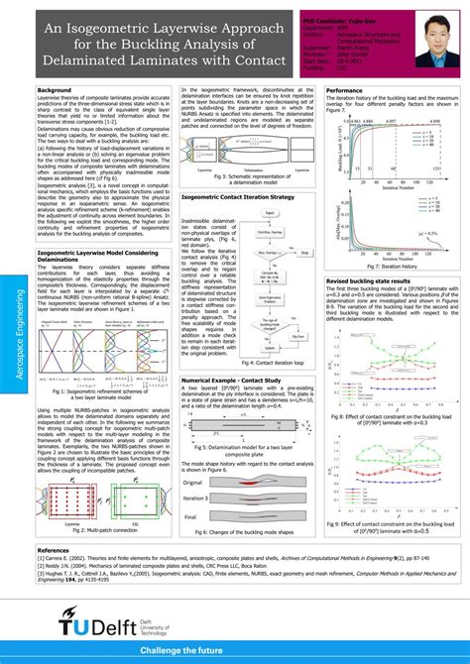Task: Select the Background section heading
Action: (55, 90)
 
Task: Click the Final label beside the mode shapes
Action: (191, 516)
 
